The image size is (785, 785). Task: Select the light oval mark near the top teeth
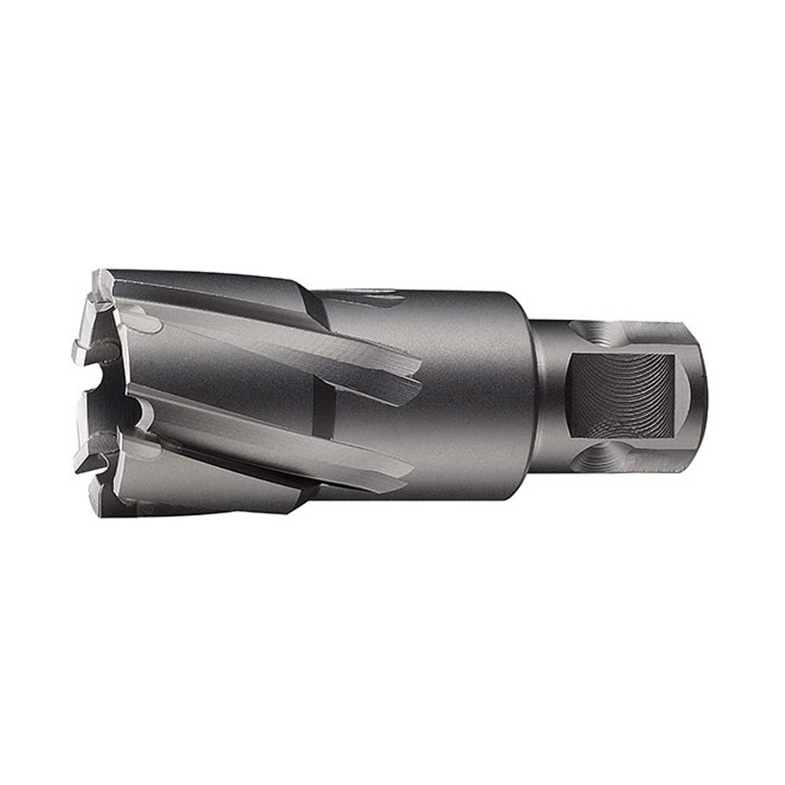145,322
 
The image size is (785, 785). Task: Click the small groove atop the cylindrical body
369,296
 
